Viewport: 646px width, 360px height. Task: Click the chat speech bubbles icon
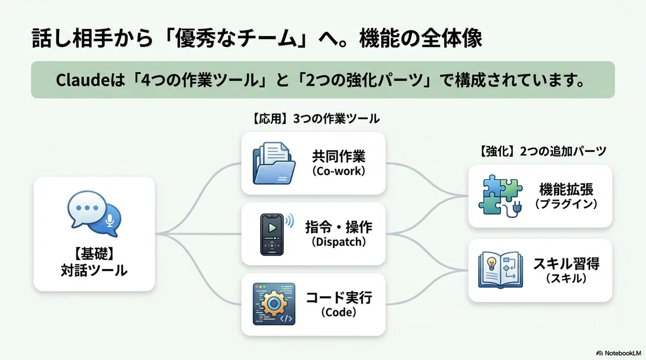coord(94,214)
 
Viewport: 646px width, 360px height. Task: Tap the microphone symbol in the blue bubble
coord(110,221)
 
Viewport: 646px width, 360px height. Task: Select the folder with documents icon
coord(274,163)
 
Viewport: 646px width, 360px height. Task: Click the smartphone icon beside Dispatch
coord(272,234)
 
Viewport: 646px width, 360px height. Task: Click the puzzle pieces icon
coord(500,196)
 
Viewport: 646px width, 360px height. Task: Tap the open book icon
coord(500,270)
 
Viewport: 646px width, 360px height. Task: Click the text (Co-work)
coord(339,171)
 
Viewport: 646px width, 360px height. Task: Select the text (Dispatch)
coord(339,242)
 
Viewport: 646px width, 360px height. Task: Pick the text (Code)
coord(339,313)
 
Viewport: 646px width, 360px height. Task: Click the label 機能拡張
coord(566,189)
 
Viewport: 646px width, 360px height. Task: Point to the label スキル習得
coord(566,264)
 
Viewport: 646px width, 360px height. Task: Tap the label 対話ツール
coord(94,270)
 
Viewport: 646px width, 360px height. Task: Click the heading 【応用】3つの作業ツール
coord(315,119)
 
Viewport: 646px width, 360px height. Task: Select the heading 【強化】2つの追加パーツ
coord(542,151)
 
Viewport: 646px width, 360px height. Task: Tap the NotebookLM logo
coord(619,353)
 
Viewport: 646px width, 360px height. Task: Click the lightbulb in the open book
coord(491,263)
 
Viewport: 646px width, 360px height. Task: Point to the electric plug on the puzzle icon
coord(516,209)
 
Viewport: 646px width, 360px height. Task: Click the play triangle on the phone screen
coord(272,228)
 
